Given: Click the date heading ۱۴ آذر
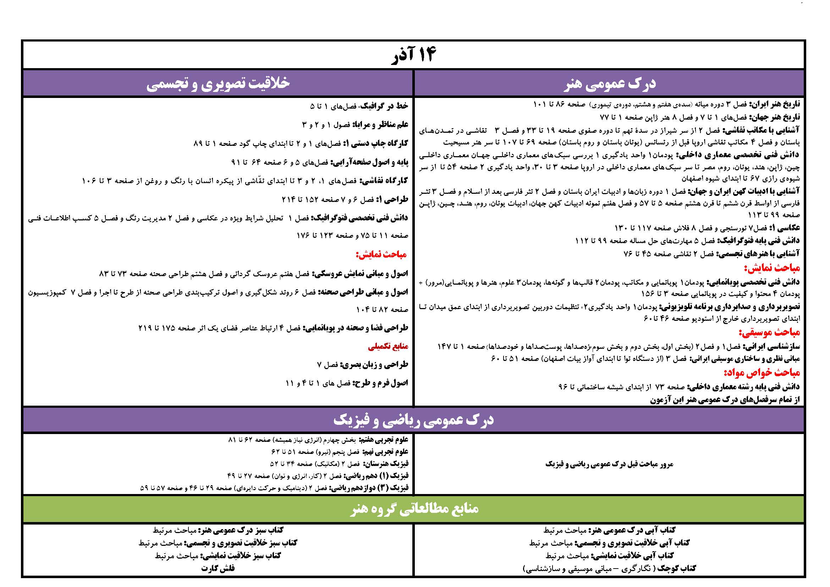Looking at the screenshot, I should coord(414,55).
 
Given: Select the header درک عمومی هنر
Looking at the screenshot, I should coord(610,83).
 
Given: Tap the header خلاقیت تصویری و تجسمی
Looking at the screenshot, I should coord(218,83).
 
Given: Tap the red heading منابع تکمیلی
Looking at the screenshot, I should coord(388,347).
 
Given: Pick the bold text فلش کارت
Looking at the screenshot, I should coord(218,568).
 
